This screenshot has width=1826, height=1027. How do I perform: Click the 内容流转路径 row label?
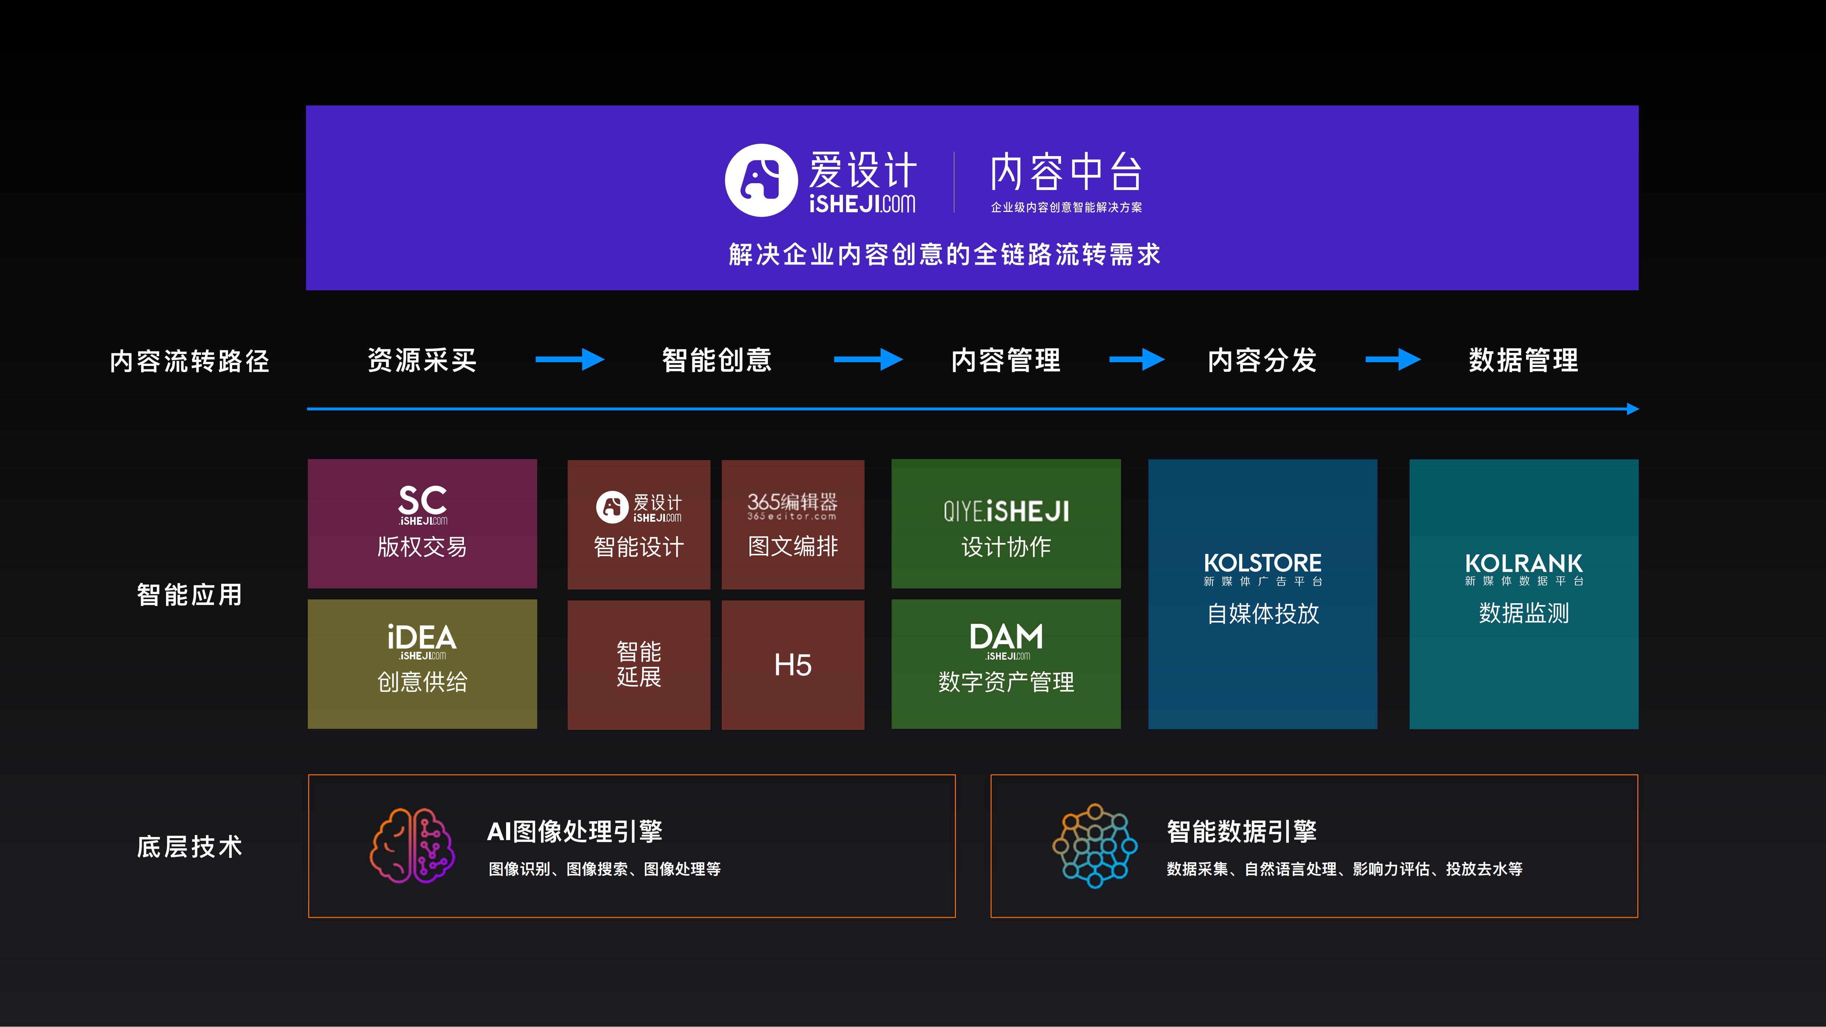[189, 361]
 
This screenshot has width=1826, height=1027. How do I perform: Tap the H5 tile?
[793, 665]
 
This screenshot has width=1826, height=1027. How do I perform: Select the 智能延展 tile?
[639, 665]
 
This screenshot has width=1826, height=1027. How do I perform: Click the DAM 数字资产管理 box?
[1006, 663]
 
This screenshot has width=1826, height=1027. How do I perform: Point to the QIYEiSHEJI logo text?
[1006, 511]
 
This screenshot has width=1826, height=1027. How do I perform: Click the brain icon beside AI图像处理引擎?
[412, 846]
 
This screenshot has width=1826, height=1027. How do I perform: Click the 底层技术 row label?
[189, 846]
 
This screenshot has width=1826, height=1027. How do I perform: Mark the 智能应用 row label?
[189, 595]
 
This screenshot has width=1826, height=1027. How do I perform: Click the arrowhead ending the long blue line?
[1633, 409]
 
